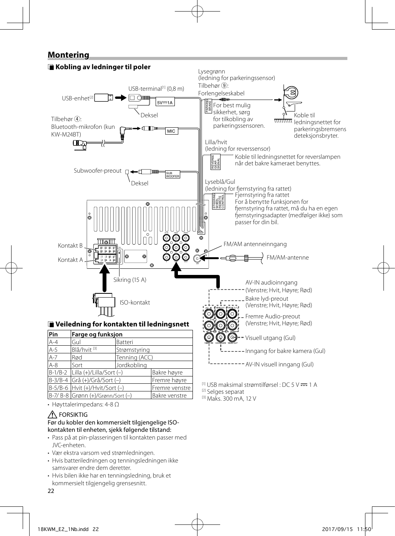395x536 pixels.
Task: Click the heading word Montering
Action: (x=68, y=55)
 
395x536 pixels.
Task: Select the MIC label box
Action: (x=171, y=131)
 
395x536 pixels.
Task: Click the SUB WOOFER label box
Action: (x=173, y=175)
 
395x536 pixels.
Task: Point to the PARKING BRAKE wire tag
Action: (x=209, y=106)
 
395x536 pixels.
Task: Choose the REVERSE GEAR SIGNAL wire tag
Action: (x=216, y=162)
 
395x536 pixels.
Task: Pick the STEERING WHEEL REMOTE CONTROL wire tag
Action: (x=219, y=201)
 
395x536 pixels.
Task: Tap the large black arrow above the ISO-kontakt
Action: (x=104, y=277)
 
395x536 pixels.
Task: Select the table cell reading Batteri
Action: (x=124, y=342)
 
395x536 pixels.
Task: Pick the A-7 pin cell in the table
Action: (x=53, y=358)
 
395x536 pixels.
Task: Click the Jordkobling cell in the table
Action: (x=131, y=365)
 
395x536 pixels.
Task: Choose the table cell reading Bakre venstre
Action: (x=169, y=396)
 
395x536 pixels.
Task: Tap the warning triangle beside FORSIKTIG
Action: (x=53, y=414)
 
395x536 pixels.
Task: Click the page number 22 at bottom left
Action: (x=51, y=491)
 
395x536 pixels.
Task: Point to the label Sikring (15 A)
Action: (x=129, y=280)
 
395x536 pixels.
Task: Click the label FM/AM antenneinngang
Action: (x=255, y=244)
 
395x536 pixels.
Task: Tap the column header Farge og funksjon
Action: (x=97, y=335)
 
